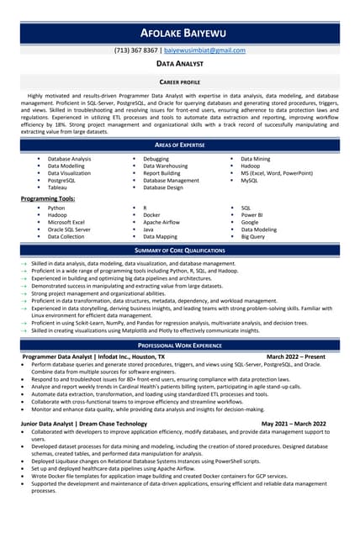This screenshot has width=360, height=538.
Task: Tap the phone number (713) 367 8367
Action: (x=135, y=50)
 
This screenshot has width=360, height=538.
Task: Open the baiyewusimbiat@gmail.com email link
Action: (x=204, y=50)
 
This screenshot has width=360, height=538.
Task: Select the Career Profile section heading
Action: (x=179, y=82)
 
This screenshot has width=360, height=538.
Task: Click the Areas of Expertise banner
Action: (x=179, y=145)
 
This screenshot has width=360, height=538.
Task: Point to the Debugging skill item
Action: (x=156, y=158)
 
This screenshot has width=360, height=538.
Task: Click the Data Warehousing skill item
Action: (x=166, y=166)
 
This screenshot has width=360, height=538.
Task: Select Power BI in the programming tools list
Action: (x=252, y=214)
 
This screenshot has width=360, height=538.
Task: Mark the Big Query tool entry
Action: (x=252, y=237)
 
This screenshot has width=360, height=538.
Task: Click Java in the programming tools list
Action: (x=148, y=229)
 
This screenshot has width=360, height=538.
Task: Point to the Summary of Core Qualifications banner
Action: (x=179, y=251)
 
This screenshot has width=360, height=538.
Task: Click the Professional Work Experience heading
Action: (x=179, y=345)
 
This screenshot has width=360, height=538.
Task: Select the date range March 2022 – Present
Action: (x=297, y=356)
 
